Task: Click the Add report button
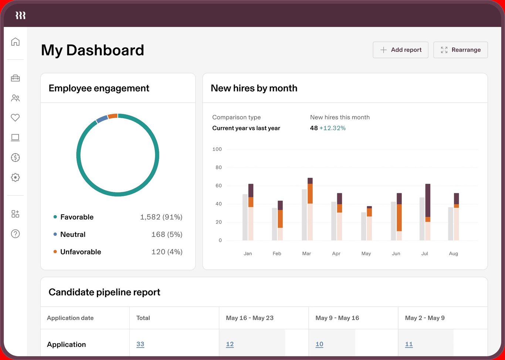click(x=400, y=50)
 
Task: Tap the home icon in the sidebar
click(x=15, y=42)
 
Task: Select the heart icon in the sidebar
click(x=15, y=118)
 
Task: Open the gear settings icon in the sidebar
click(x=15, y=177)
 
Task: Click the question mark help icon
click(x=15, y=234)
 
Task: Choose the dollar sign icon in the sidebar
click(x=15, y=157)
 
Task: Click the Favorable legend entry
click(x=77, y=217)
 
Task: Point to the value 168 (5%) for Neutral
click(x=167, y=234)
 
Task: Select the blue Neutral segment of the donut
click(x=102, y=119)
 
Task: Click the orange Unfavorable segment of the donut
click(x=113, y=116)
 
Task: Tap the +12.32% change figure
click(x=332, y=128)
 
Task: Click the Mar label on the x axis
click(x=306, y=254)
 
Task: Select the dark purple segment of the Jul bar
click(x=428, y=200)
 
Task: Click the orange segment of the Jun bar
click(x=399, y=217)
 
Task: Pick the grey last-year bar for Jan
click(x=245, y=217)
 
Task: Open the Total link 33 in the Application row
click(x=140, y=344)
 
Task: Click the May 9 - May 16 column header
click(x=337, y=318)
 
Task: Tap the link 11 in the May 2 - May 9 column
click(x=409, y=344)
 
